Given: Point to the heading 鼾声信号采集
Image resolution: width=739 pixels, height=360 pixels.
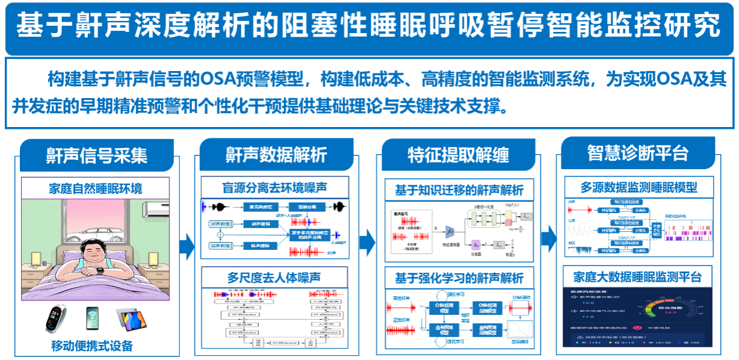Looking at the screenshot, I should (x=97, y=155).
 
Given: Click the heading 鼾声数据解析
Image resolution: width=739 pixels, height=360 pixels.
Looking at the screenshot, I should (x=276, y=155).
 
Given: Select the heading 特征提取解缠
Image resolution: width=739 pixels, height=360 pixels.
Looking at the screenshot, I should (x=458, y=155).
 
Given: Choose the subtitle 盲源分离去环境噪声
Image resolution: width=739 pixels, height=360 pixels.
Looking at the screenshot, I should (x=276, y=186).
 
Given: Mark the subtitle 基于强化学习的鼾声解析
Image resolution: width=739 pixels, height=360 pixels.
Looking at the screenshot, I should (x=459, y=278).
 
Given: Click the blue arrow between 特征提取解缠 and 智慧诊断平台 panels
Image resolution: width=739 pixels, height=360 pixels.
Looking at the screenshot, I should (x=548, y=239).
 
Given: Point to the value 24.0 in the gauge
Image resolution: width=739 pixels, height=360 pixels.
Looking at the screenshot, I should (x=671, y=312).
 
